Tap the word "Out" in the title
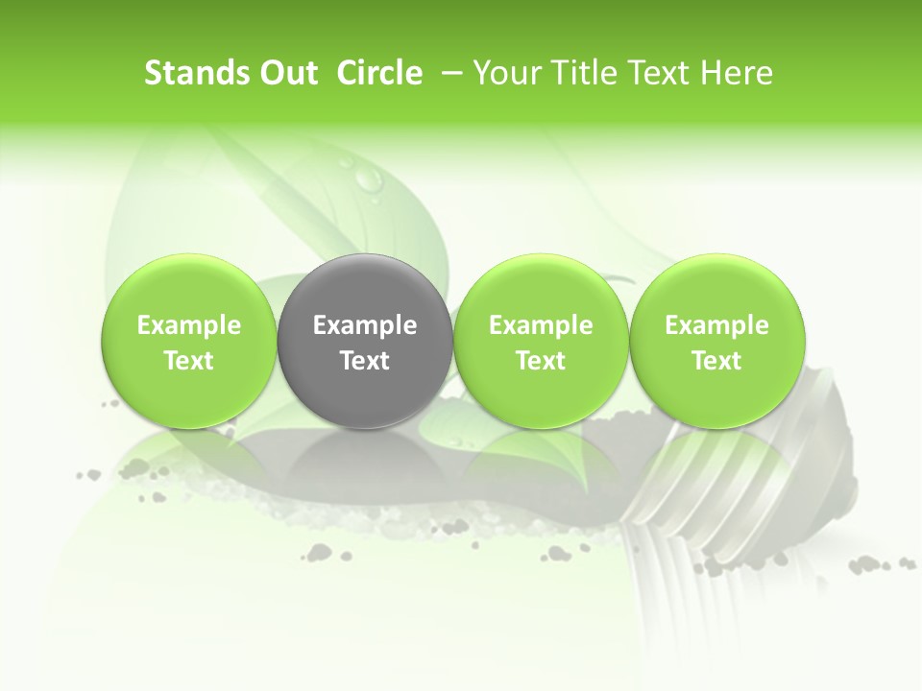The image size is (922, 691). click(287, 73)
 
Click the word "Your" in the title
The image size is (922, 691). click(503, 73)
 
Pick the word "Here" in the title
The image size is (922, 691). click(738, 73)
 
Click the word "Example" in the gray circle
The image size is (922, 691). click(365, 325)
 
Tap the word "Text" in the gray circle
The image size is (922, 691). click(365, 361)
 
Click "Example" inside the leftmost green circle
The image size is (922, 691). click(188, 325)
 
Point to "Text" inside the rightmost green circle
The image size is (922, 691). click(716, 361)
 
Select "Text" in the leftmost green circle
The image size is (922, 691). click(188, 361)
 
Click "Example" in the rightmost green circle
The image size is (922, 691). click(716, 325)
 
